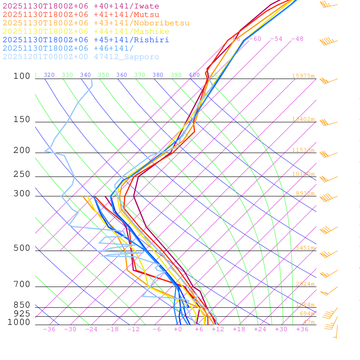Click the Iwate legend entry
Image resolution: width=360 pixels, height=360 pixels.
(x=81, y=6)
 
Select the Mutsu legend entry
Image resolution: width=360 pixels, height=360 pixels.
(x=81, y=15)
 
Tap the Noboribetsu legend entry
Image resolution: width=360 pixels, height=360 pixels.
(x=96, y=23)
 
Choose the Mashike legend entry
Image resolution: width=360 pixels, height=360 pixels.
(x=86, y=32)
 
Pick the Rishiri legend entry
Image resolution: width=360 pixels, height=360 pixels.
(x=86, y=40)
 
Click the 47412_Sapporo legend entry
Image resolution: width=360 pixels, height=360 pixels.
(x=81, y=57)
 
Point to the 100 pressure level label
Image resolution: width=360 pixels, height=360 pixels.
(x=22, y=76)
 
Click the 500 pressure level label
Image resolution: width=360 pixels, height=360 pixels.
(x=22, y=248)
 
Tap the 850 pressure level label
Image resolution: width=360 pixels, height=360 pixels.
(x=22, y=305)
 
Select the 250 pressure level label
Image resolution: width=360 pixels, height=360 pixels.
(x=22, y=174)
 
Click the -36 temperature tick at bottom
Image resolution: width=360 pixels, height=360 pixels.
(x=49, y=329)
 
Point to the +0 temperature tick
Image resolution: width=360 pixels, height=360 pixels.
(x=178, y=329)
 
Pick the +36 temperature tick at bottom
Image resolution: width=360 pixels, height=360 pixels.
(x=302, y=329)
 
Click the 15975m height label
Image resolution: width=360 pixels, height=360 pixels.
(x=303, y=76)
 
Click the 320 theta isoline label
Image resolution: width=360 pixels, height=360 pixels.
(x=49, y=75)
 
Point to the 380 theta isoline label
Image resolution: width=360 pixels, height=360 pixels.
(x=158, y=75)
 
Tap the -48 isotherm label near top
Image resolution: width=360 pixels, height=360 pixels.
(x=297, y=39)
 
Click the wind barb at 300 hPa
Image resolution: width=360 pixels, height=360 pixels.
(x=326, y=197)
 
